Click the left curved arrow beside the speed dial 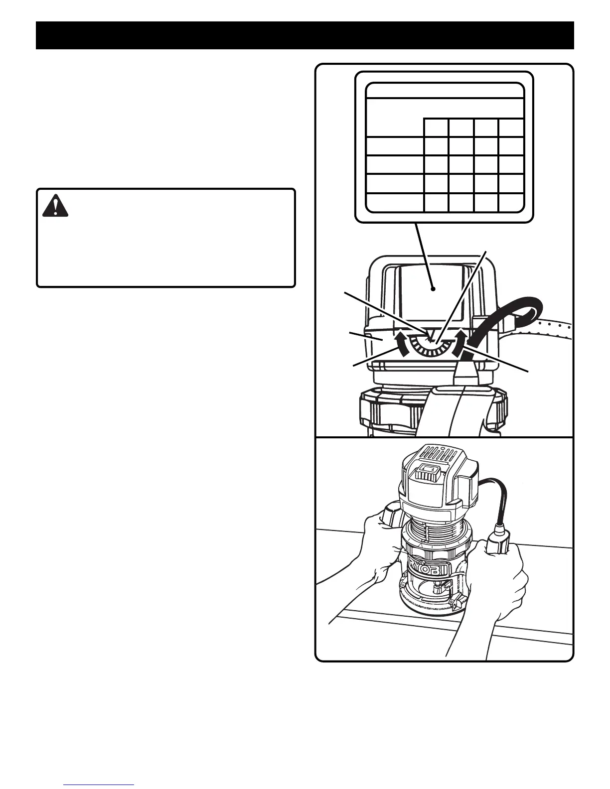(x=399, y=342)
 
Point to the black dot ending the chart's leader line (x=434, y=288)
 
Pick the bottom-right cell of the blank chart (x=511, y=202)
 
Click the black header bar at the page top (x=305, y=35)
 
